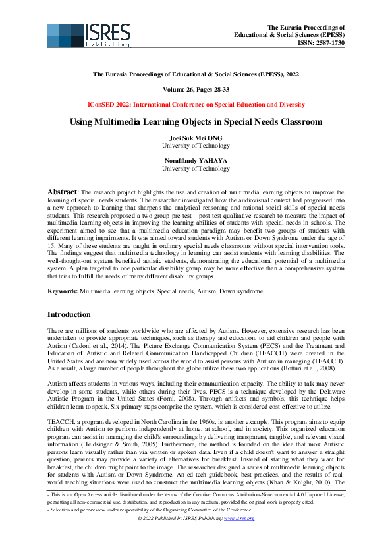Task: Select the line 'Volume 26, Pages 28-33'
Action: [x=196, y=90]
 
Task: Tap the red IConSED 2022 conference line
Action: [x=196, y=105]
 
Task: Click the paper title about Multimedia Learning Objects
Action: [x=196, y=122]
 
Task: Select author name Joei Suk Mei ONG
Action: [x=196, y=138]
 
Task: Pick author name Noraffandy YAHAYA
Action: [x=196, y=160]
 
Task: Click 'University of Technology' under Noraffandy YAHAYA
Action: [x=196, y=169]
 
